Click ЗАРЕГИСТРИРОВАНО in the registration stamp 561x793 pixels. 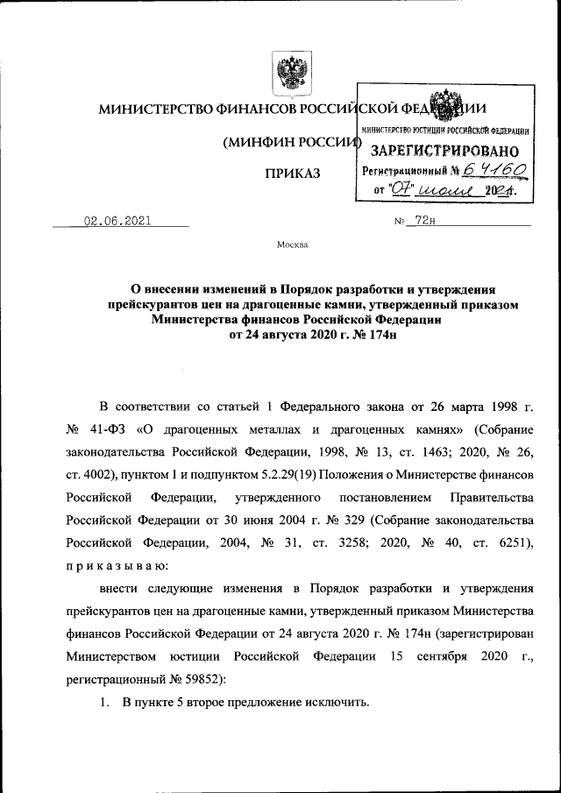click(444, 151)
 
